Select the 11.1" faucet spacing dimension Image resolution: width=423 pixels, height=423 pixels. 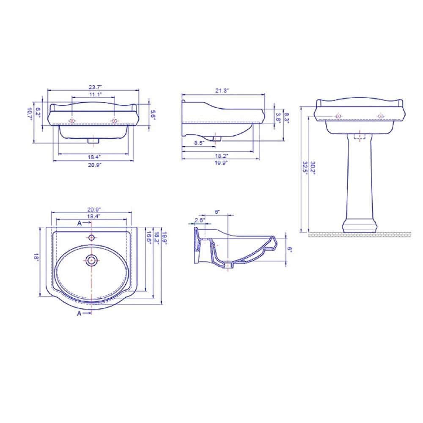pyautogui.click(x=95, y=94)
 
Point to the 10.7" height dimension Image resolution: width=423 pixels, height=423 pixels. pyautogui.click(x=30, y=114)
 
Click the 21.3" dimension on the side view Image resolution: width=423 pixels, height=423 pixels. pyautogui.click(x=222, y=91)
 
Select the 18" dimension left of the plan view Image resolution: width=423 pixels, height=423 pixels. pyautogui.click(x=37, y=257)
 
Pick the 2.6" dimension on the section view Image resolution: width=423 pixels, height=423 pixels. pyautogui.click(x=200, y=220)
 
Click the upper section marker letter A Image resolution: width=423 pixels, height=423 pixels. pyautogui.click(x=79, y=222)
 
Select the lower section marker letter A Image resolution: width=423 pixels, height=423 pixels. pyautogui.click(x=79, y=313)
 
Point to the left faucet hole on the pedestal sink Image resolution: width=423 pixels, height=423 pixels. pyautogui.click(x=338, y=116)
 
